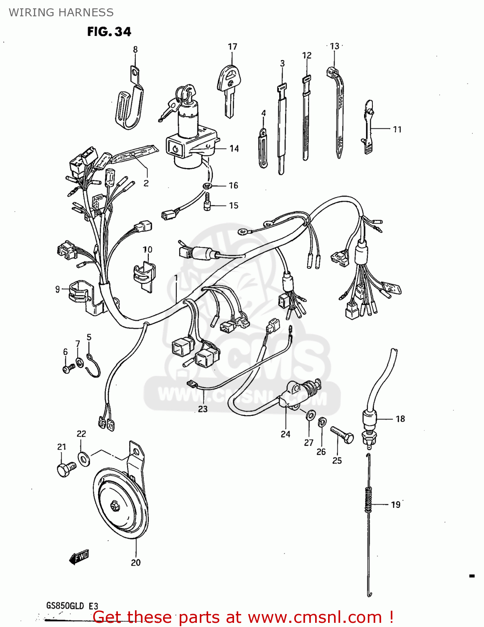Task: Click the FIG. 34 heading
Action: point(109,32)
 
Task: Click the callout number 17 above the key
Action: point(232,46)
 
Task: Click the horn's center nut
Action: point(114,506)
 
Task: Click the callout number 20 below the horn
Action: point(135,563)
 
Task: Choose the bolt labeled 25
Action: point(342,435)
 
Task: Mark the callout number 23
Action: point(203,409)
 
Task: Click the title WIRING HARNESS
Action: point(61,12)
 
